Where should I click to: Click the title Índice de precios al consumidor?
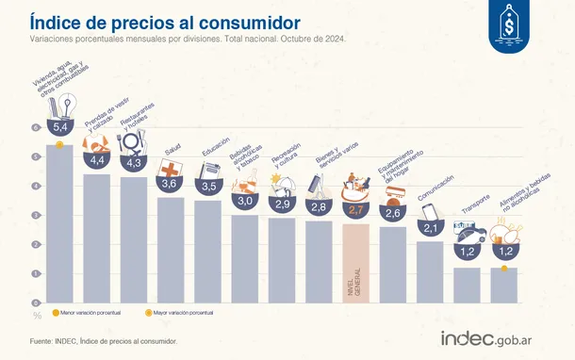point(165,21)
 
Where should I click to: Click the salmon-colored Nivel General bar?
point(355,264)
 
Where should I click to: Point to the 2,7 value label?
point(355,210)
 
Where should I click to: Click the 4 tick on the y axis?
point(37,186)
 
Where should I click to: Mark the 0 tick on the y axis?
point(37,303)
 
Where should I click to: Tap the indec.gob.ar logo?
point(497,338)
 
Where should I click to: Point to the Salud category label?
point(173,149)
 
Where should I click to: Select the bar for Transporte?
point(467,285)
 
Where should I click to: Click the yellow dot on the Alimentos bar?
point(505,269)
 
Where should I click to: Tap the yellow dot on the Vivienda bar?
point(58,144)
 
